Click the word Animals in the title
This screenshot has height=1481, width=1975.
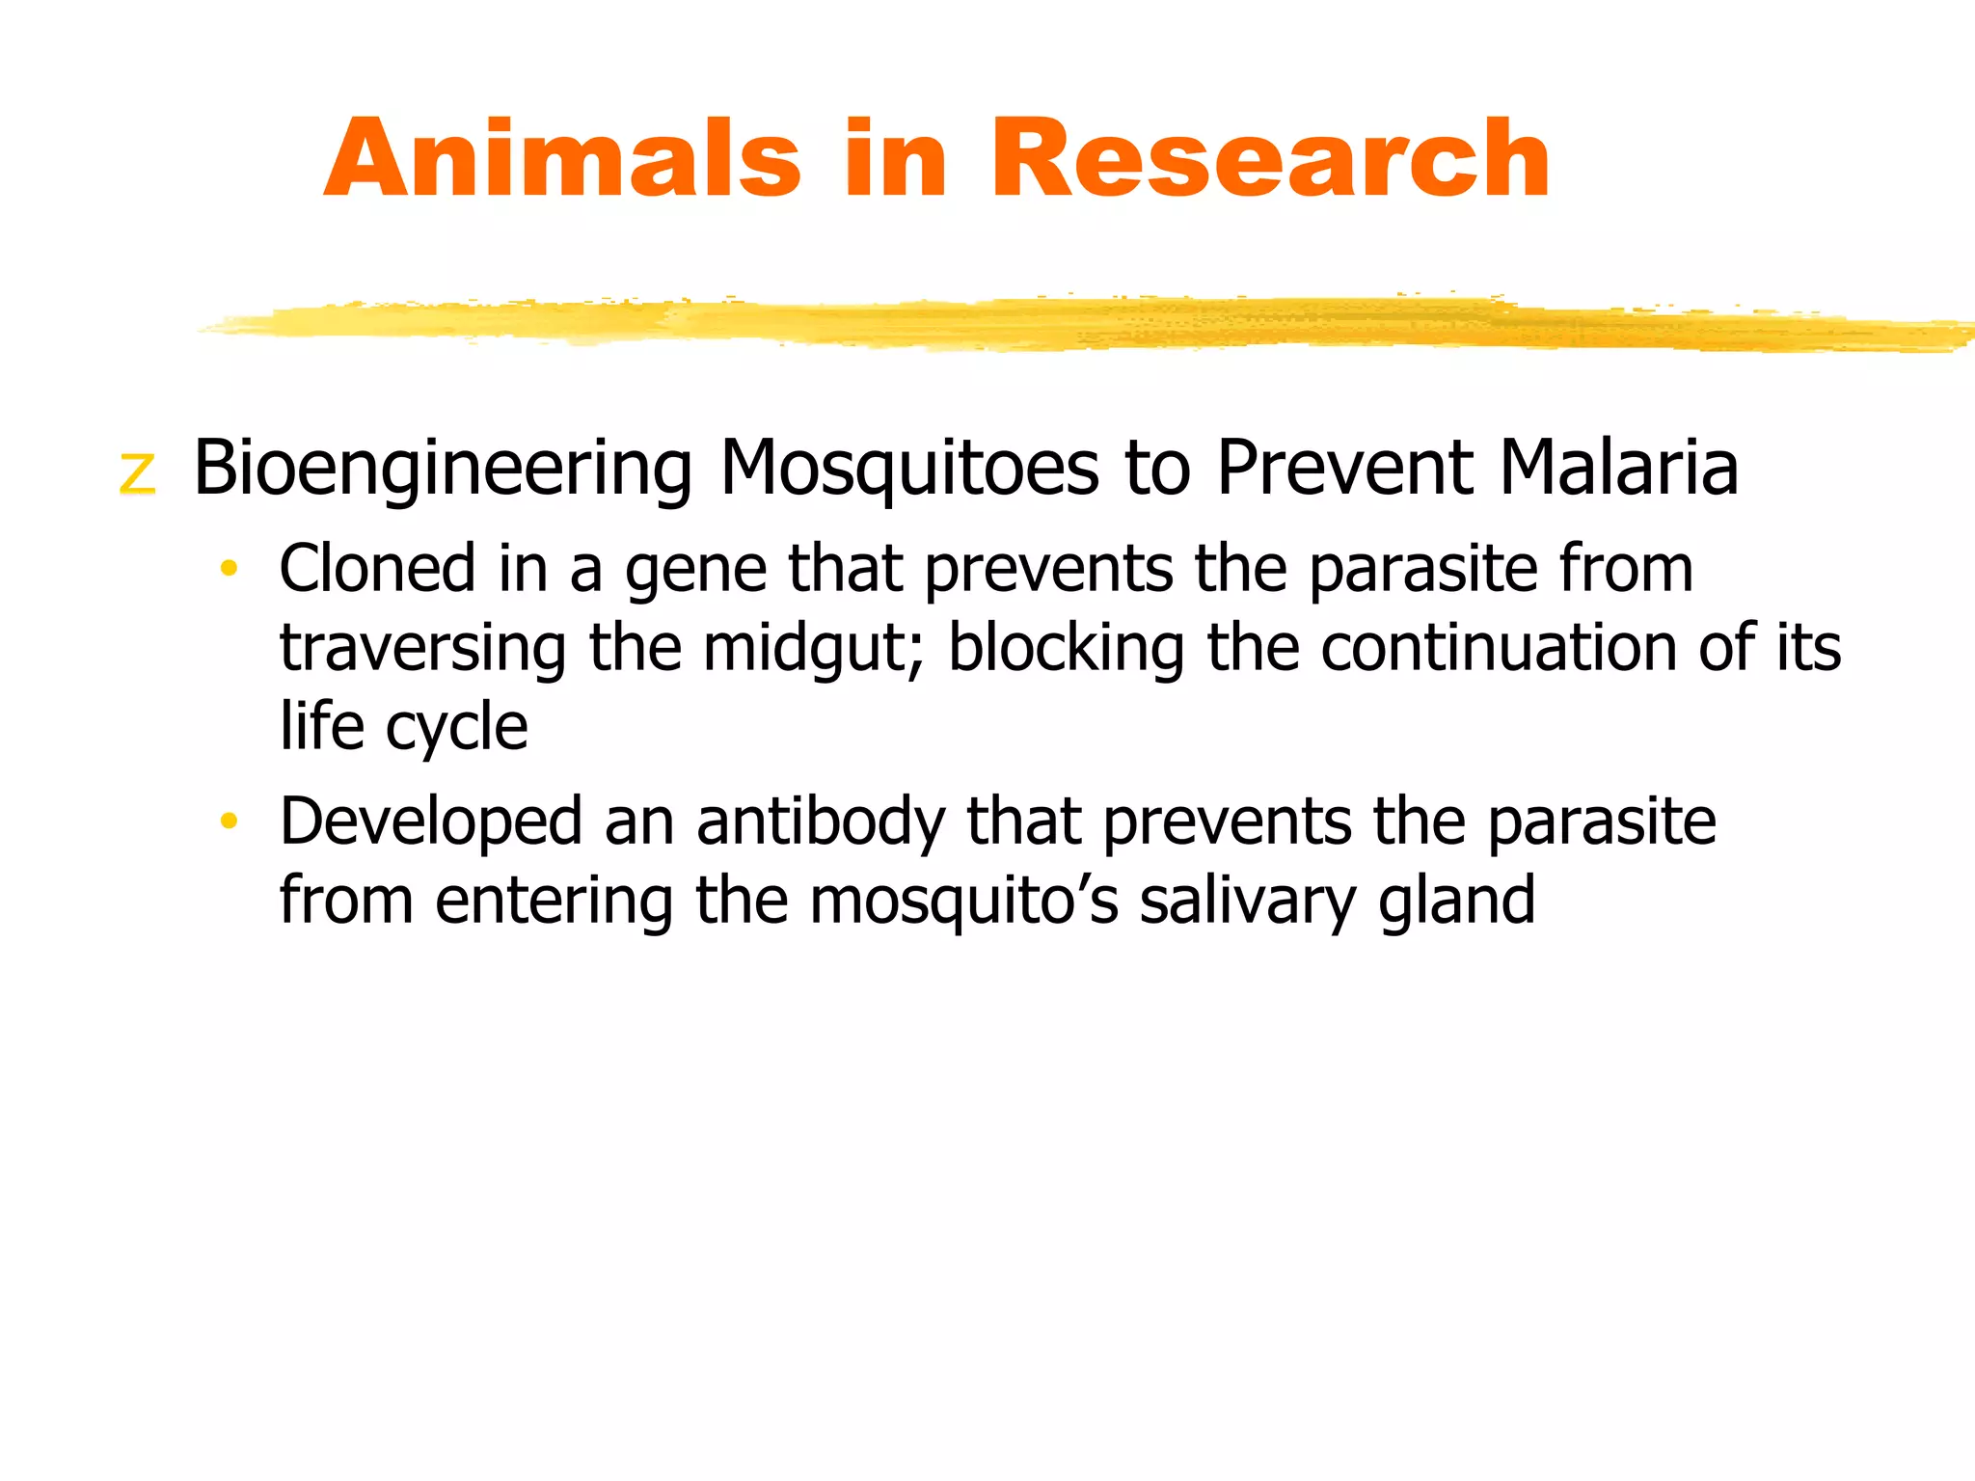click(x=562, y=159)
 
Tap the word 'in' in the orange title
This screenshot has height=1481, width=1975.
click(x=894, y=159)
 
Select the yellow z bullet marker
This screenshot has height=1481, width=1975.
click(x=137, y=472)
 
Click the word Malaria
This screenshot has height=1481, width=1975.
click(x=1618, y=468)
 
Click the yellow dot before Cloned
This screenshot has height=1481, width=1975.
click(x=229, y=568)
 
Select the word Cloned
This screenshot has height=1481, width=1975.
click(x=377, y=568)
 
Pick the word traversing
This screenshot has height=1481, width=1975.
click(x=421, y=649)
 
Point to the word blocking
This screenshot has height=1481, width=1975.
click(x=1065, y=649)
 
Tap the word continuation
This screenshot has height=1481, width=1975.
click(x=1497, y=647)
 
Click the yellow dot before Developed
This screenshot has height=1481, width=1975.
click(x=229, y=821)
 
